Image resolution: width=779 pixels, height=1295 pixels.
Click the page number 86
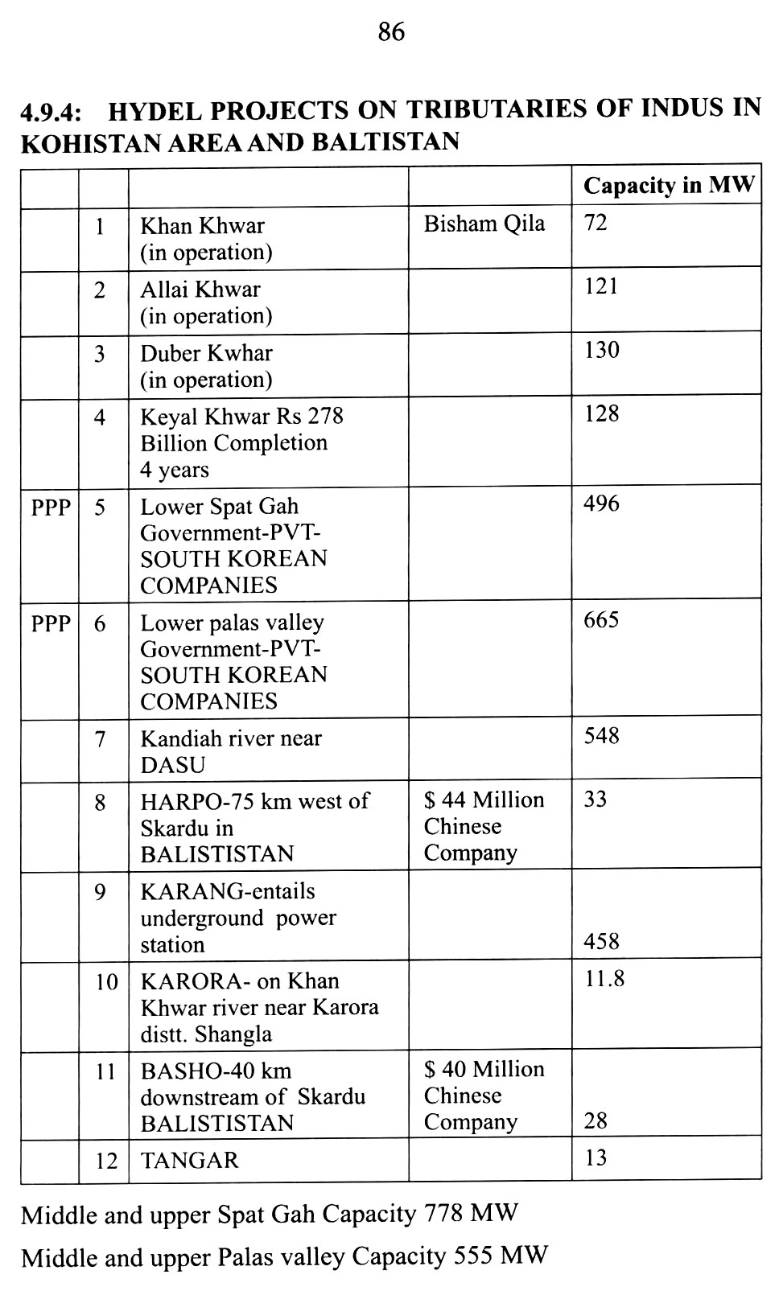coord(390,32)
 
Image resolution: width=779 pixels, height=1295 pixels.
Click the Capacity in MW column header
coord(669,186)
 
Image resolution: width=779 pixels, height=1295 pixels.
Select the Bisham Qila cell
coord(484,224)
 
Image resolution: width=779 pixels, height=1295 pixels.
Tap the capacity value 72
coord(596,223)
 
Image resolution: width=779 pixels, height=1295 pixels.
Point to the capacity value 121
coord(601,287)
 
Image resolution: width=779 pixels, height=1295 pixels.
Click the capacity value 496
coord(601,504)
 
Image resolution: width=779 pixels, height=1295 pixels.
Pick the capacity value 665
coord(601,620)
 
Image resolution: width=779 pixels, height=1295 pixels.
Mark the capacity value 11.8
coord(604,979)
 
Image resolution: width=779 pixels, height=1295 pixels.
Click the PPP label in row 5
coord(51,508)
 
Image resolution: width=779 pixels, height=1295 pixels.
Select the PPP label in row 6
coord(51,623)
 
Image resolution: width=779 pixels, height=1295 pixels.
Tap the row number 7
coord(101,739)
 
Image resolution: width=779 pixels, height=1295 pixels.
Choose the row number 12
coord(106,1161)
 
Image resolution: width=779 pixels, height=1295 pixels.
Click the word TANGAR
coord(190,1161)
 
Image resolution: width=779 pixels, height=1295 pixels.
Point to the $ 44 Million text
coord(484,800)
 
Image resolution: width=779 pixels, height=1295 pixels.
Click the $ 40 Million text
coord(484,1070)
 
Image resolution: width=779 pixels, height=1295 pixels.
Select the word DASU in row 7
coord(173,765)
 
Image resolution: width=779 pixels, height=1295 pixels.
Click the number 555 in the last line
coord(475,1256)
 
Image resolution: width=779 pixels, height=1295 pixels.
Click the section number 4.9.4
coord(53,110)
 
